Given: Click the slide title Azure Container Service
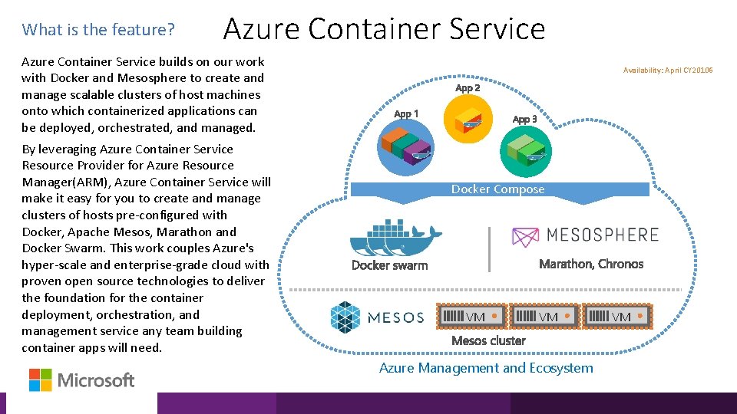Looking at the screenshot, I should coord(384,29).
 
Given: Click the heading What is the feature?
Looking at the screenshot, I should coord(99,30).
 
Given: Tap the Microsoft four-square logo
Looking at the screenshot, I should coord(41,379).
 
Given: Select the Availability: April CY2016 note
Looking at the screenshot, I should coord(668,71).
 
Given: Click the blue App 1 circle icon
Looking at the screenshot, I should coord(406,146).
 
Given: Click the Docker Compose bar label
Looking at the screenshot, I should coord(497,189).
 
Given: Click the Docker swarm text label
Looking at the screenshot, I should coord(389,265).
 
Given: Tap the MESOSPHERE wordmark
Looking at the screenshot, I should coord(603,235).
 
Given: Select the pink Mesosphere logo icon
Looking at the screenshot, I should coord(526,236).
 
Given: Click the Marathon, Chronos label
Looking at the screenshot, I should coord(591,264).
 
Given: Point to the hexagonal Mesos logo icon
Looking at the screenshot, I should coord(345,317).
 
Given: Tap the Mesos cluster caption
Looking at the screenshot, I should coord(488,340).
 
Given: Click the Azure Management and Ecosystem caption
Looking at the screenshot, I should coord(486,368).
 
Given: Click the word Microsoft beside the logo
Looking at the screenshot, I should coord(96,380).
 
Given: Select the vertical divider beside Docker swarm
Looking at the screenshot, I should coord(489,249).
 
